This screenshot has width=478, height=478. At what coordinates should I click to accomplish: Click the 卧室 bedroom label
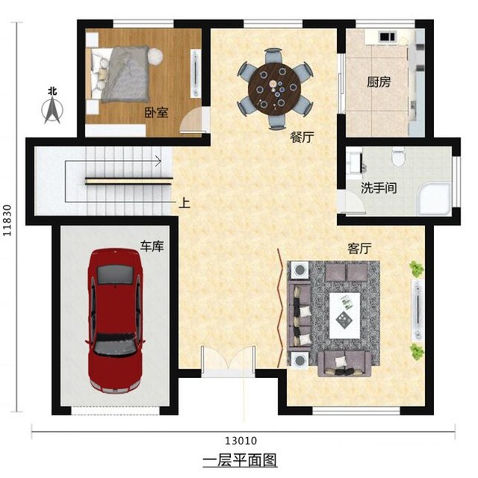click(155, 113)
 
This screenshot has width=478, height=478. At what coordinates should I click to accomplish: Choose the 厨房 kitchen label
click(378, 83)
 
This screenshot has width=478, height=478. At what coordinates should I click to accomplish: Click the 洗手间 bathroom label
click(379, 187)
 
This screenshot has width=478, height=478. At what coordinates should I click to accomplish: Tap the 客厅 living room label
click(360, 247)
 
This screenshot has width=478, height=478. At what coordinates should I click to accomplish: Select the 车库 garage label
click(152, 246)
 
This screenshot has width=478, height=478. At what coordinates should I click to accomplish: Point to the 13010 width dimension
click(243, 441)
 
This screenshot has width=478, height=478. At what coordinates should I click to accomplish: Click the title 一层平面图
click(240, 460)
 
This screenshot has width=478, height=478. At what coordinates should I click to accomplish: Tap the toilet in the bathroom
click(397, 157)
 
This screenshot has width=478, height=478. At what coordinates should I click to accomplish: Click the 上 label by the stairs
click(184, 202)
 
